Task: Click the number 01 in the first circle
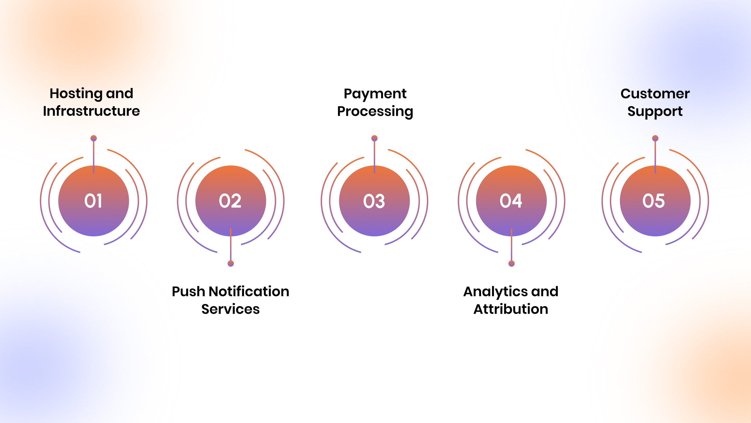coord(93,201)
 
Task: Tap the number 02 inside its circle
coord(230,201)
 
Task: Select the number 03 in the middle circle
coord(374,201)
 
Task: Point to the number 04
coord(511,201)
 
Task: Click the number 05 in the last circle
coord(654,201)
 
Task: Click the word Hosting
coord(76,94)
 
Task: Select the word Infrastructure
coord(92,111)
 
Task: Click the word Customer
coord(655,94)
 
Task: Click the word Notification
coord(249,291)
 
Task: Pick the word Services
coord(231,309)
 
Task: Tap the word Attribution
coord(511,309)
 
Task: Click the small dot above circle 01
coord(94,138)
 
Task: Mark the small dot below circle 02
coord(231,264)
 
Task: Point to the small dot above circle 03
coord(374,138)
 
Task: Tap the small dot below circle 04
coord(511,264)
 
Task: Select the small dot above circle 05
coord(655,138)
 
